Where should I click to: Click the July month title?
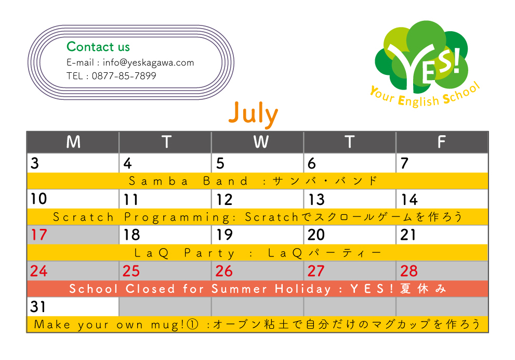(x=253, y=114)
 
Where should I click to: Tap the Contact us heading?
(x=98, y=47)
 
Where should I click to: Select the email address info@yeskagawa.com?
(x=149, y=62)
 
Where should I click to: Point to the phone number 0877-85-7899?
(x=124, y=76)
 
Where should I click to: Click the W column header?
(x=261, y=142)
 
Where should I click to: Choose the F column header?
(x=441, y=142)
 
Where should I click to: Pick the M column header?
(x=73, y=142)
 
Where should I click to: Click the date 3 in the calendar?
(x=35, y=163)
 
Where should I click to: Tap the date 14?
(x=409, y=200)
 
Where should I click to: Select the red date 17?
(x=39, y=235)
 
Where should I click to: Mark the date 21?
(x=408, y=235)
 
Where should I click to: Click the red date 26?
(x=224, y=271)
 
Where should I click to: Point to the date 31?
(x=38, y=307)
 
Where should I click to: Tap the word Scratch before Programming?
(x=84, y=217)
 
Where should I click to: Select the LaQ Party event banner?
(x=258, y=253)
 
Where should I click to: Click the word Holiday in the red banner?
(x=303, y=289)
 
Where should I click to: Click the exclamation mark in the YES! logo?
(x=457, y=60)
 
